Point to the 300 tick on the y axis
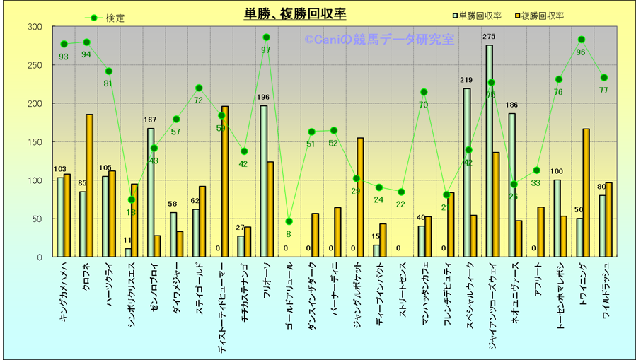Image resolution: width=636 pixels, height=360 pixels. (x=35, y=27)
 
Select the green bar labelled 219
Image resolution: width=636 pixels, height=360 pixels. (x=466, y=173)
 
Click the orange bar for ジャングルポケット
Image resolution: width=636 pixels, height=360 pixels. (x=360, y=197)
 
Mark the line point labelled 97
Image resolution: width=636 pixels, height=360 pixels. (x=266, y=37)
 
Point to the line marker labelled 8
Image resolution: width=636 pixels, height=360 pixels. (x=289, y=221)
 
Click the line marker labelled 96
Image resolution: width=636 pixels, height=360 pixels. (x=582, y=40)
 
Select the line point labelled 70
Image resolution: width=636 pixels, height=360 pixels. (x=424, y=92)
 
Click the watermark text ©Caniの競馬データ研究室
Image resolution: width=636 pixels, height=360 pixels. (x=379, y=40)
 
